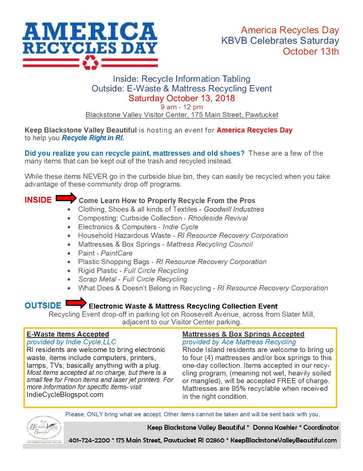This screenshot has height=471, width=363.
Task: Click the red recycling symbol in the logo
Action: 90,62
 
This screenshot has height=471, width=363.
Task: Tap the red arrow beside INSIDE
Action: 66,198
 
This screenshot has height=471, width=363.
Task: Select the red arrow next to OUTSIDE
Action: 76,304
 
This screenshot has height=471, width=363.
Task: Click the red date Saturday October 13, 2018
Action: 181,98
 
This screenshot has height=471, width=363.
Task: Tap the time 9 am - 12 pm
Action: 181,107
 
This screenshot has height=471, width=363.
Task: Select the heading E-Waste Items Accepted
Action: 68,334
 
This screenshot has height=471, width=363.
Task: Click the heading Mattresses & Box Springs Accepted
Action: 243,334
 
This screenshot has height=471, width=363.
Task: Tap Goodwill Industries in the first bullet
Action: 234,209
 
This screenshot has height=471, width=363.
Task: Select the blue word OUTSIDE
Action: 43,306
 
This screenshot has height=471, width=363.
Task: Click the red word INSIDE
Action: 38,200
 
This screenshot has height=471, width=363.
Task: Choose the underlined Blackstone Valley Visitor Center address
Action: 181,115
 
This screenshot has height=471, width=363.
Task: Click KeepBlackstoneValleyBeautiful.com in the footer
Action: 283,440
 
